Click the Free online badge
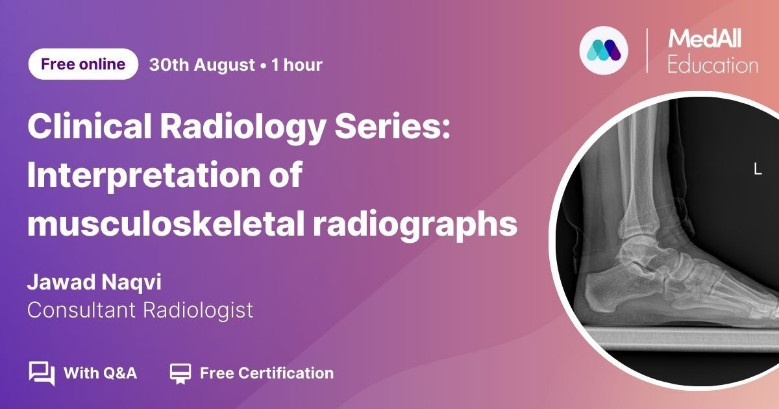tap(83, 64)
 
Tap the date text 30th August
tap(202, 65)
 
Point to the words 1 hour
tap(297, 65)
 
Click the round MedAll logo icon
tap(604, 50)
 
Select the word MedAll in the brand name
tap(704, 38)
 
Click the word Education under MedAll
tap(713, 65)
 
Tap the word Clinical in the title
tap(90, 127)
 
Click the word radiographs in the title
tap(415, 225)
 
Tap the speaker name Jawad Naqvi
tap(94, 282)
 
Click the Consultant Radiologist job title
tap(140, 310)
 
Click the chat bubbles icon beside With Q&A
tap(42, 373)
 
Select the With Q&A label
tap(100, 373)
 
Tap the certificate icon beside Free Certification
tap(180, 373)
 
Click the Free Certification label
tap(267, 373)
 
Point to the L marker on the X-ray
tap(758, 169)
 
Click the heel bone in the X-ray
tap(615, 292)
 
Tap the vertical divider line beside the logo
tap(647, 51)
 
